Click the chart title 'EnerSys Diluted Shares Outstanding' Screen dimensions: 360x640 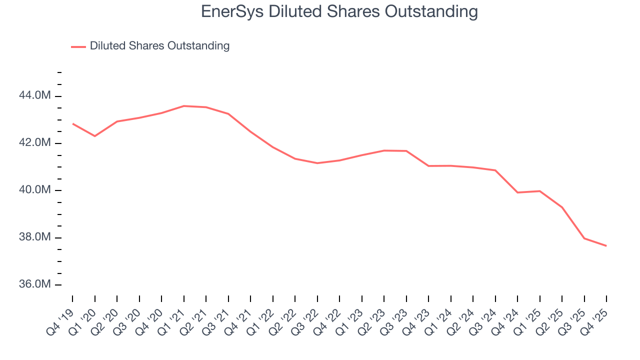(339, 11)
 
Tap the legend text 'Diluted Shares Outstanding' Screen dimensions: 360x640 (159, 46)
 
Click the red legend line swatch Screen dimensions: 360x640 (78, 46)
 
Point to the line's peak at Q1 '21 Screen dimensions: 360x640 (184, 106)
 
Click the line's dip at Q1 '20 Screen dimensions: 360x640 (95, 136)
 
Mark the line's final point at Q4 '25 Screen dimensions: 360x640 (606, 246)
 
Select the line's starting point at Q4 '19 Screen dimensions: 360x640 (72, 123)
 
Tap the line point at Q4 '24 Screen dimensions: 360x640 (517, 192)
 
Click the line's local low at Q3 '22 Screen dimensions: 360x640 (317, 163)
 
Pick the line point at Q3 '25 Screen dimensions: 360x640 (584, 238)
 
